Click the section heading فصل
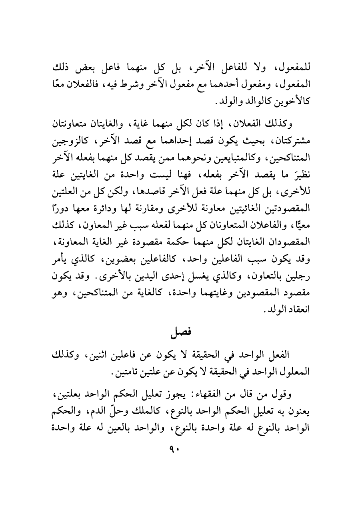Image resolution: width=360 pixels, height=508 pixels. [x=180, y=331]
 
